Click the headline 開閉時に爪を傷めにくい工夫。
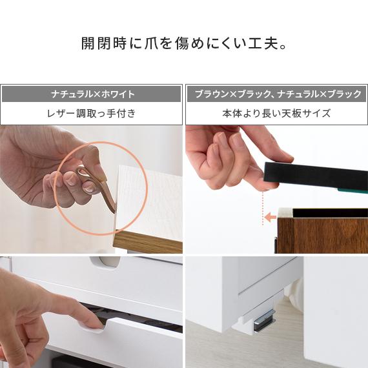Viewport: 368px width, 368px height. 184,45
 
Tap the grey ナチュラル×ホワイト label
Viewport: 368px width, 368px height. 92,94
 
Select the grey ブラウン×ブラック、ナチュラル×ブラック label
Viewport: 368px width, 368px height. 277,94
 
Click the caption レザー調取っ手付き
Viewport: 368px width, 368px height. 92,114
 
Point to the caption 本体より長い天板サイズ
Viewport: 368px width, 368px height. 277,114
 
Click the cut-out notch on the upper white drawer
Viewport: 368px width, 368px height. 108,261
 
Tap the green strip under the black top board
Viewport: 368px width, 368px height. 352,190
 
